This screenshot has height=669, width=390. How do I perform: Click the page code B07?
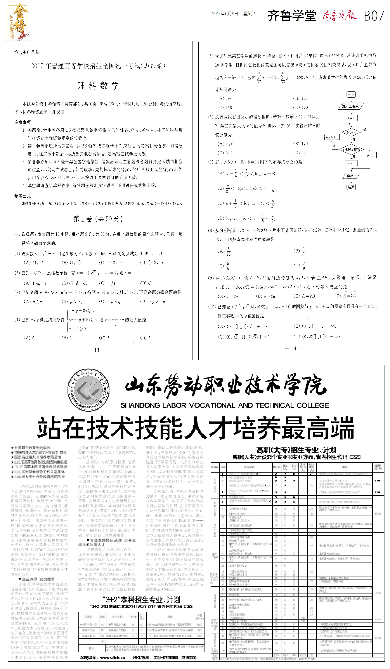point(374,16)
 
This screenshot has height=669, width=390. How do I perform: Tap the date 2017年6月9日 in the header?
point(225,14)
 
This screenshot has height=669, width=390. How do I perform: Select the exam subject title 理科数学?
point(98,86)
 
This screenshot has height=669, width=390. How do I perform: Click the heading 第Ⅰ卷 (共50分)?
point(98,218)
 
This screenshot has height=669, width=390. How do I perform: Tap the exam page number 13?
point(97,350)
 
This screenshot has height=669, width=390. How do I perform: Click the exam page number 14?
point(294,348)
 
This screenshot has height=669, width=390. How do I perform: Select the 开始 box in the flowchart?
point(351,95)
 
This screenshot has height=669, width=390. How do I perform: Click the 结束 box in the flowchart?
point(351,187)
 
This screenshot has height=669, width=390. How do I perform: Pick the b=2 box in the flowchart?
point(351,118)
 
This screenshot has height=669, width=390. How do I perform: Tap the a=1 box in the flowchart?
point(370,155)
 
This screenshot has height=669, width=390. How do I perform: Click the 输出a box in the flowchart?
point(351,176)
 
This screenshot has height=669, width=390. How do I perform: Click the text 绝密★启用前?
point(27,53)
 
